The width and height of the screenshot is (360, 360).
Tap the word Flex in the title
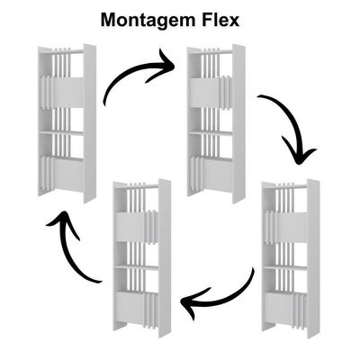(218, 20)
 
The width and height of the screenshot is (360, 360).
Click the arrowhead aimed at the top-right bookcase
(164, 66)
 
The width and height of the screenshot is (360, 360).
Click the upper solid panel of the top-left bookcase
(68, 93)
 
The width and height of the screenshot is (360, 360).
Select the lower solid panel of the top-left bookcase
(68, 174)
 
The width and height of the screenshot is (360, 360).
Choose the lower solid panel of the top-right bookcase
(218, 174)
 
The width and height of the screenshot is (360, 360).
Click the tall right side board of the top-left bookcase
(90, 123)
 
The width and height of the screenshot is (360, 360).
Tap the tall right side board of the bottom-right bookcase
(313, 258)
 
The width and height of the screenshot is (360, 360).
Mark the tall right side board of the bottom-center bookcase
(165, 258)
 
